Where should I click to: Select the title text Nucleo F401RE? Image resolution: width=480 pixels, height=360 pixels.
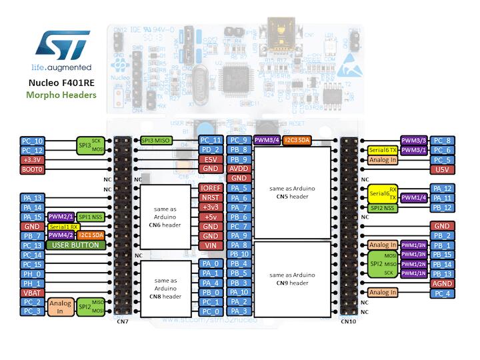[x=61, y=83]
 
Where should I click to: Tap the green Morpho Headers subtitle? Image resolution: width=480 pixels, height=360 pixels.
[x=61, y=95]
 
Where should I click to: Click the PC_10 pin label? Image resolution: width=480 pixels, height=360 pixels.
[x=33, y=141]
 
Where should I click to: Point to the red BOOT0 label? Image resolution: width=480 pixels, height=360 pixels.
[x=33, y=169]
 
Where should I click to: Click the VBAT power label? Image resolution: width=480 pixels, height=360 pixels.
[x=33, y=292]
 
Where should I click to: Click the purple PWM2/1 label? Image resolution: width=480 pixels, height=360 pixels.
[x=61, y=217]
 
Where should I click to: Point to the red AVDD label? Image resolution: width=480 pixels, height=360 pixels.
[x=239, y=169]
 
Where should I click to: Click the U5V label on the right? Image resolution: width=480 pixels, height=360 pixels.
[x=441, y=169]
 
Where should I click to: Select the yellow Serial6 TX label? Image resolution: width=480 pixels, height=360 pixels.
[x=383, y=151]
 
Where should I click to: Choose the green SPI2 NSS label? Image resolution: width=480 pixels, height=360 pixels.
[x=383, y=208]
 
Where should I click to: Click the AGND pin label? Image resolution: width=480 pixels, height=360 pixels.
[x=441, y=283]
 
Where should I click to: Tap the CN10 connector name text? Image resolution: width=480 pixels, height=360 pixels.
[x=348, y=321]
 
